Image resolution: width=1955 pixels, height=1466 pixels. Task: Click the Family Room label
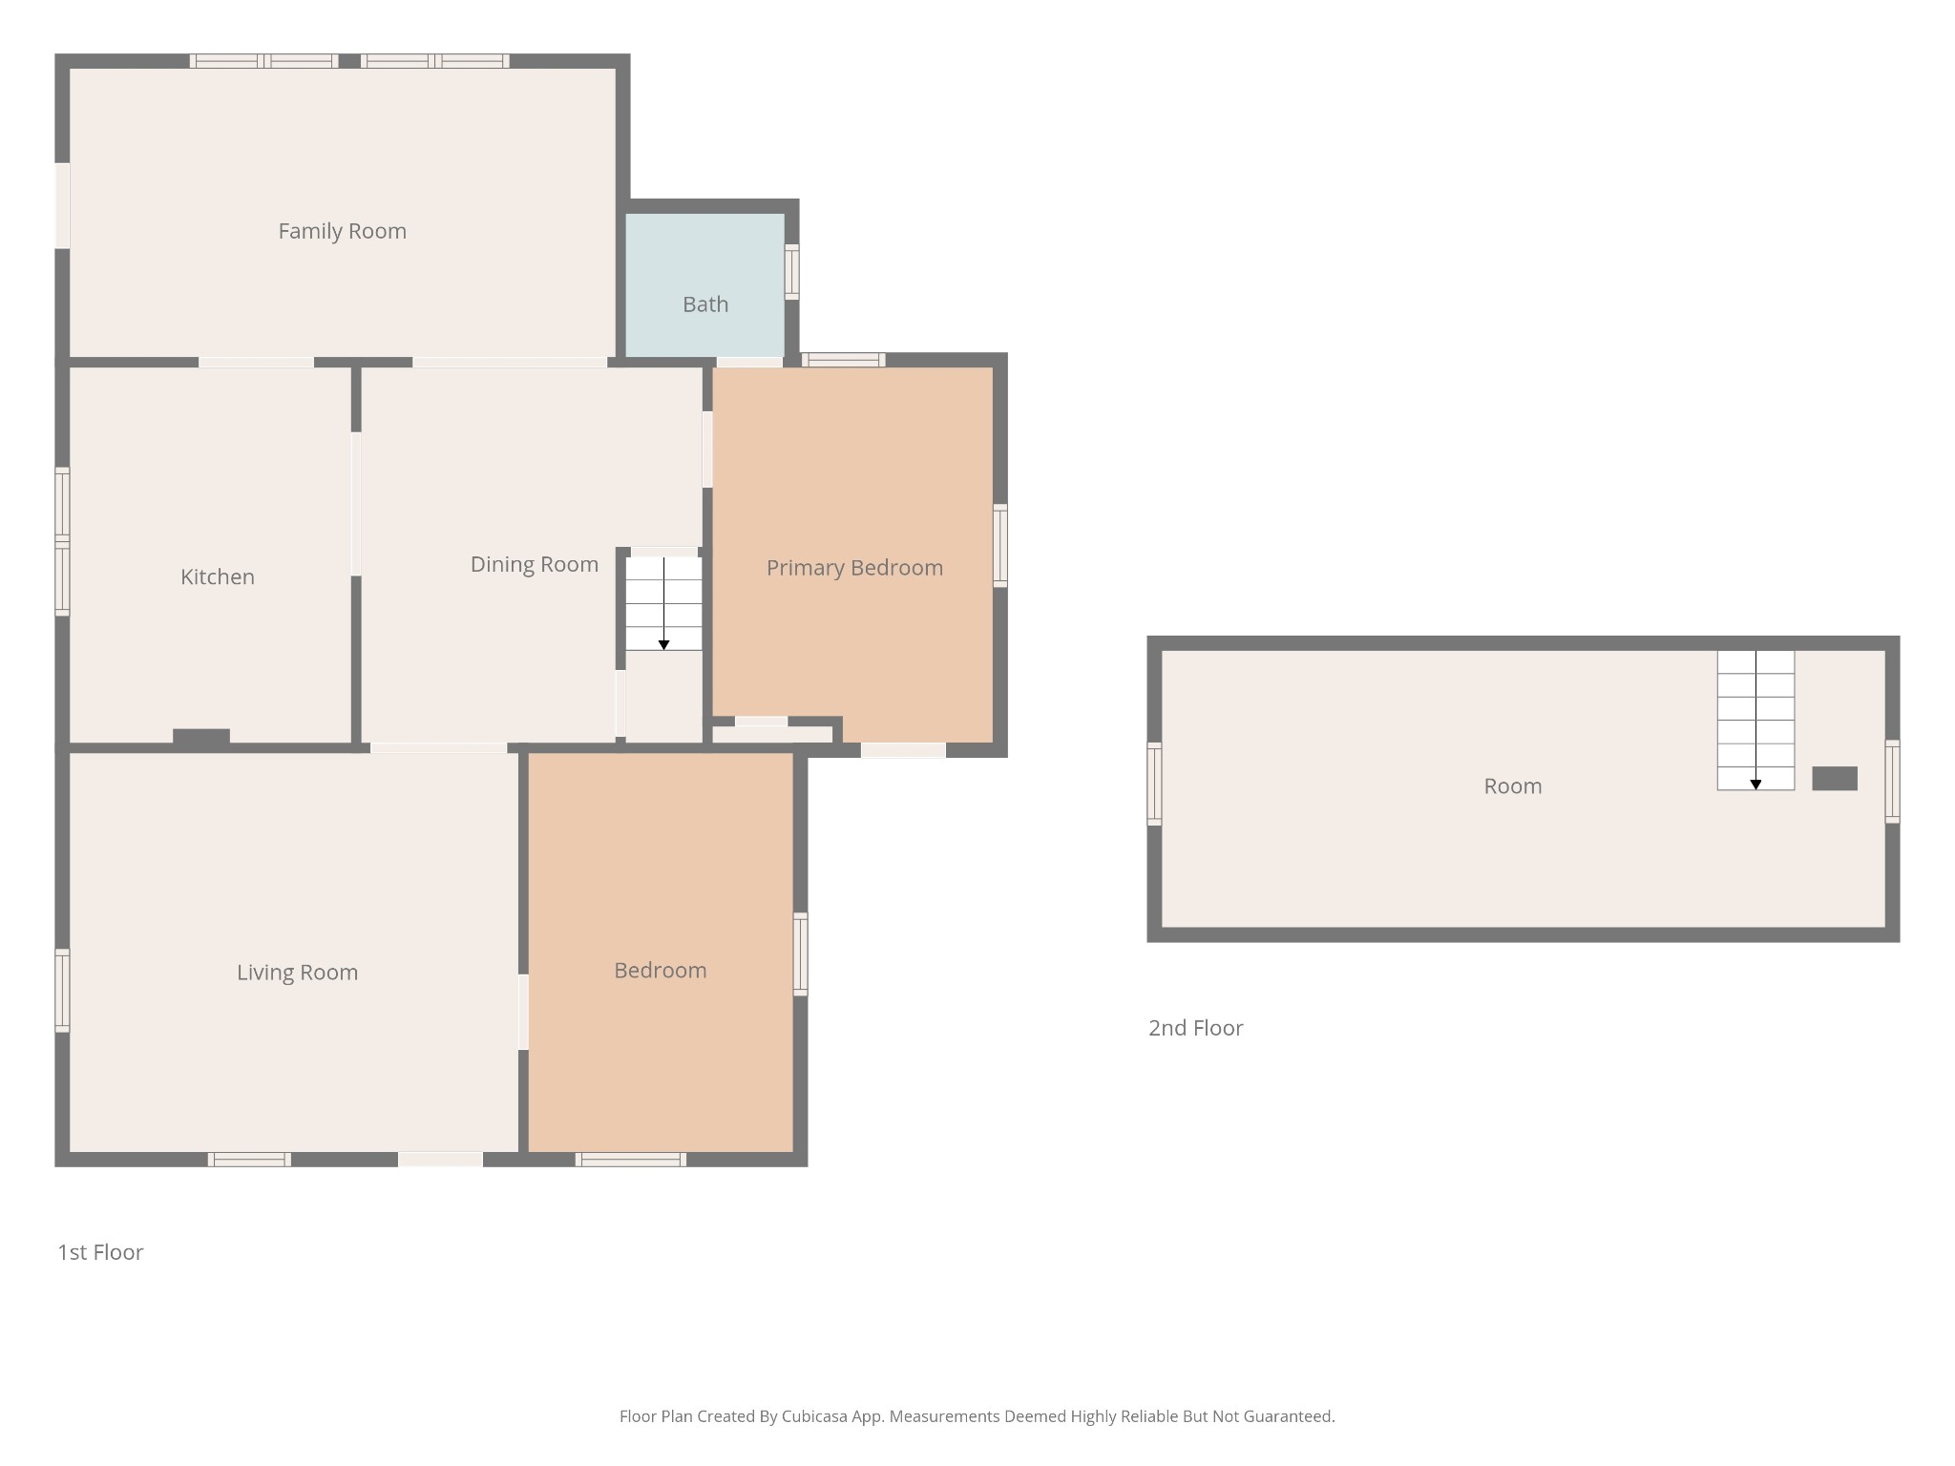point(342,231)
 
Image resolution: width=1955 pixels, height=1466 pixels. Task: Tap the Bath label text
point(705,304)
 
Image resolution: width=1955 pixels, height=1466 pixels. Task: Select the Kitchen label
point(218,576)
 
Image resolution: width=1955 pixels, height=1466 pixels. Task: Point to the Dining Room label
point(534,564)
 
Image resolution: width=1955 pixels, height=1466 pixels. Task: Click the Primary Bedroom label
point(854,568)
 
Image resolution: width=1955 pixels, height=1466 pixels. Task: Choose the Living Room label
point(297,973)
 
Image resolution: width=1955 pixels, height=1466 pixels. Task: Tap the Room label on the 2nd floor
point(1512,786)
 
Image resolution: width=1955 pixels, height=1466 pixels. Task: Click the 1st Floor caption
point(100,1252)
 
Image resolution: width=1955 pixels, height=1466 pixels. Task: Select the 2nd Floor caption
point(1195,1028)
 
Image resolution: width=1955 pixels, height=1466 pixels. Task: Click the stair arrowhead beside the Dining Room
point(663,645)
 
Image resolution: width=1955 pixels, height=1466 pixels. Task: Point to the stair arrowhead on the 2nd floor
point(1755,785)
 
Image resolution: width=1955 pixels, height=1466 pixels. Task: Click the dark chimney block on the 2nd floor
point(1834,779)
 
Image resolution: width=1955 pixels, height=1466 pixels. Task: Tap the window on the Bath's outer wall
point(791,272)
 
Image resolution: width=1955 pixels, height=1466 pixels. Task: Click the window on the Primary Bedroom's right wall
point(1000,545)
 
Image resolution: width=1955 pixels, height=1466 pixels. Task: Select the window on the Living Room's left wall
point(62,991)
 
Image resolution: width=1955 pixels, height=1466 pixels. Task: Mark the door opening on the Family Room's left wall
point(62,206)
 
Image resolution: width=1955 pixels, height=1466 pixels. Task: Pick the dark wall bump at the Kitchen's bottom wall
point(201,736)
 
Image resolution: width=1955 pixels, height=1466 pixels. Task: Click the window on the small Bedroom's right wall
point(801,954)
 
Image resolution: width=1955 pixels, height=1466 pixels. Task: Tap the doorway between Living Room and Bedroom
point(523,1012)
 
